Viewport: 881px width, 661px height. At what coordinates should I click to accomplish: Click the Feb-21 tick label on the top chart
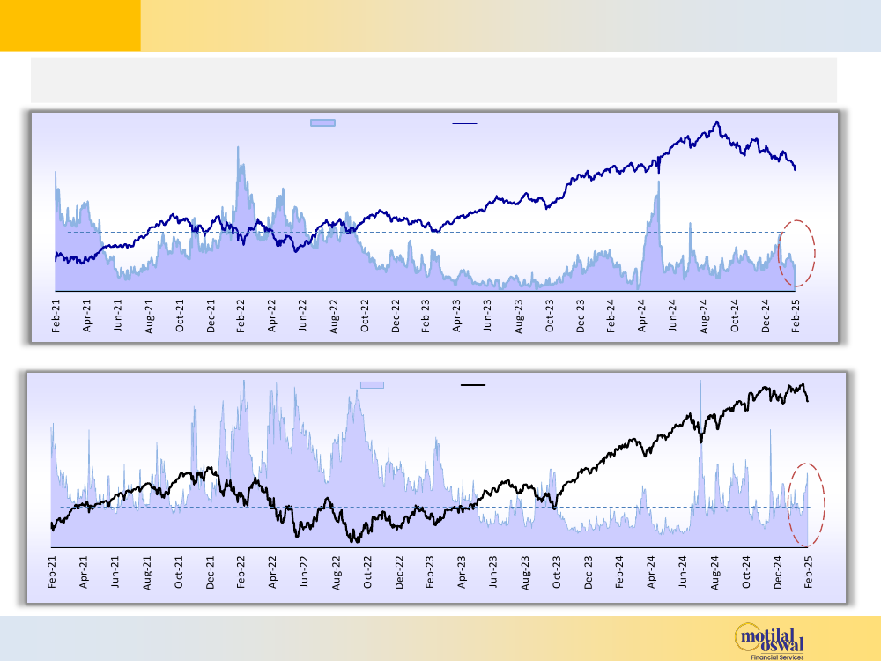coord(56,316)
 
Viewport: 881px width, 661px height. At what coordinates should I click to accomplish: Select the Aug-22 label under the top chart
coord(334,316)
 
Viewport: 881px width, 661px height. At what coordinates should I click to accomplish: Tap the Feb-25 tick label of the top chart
coord(796,316)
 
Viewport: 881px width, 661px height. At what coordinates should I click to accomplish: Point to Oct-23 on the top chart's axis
coord(550,316)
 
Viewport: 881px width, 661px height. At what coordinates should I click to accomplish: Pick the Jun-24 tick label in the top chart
coord(673,316)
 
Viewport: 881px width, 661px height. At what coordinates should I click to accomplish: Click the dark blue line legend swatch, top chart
coord(464,123)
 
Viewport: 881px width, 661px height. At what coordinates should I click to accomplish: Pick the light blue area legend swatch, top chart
coord(322,123)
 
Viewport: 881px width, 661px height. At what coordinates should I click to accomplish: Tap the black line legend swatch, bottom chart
coord(473,384)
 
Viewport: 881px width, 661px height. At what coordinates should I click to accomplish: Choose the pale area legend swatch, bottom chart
coord(372,384)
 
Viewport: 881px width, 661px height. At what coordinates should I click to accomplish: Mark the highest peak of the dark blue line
coord(718,122)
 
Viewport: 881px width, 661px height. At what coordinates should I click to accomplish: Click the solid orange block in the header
coord(70,25)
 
